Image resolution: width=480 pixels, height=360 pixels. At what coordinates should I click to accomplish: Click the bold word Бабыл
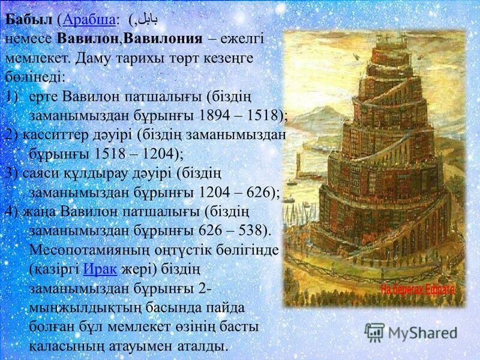(31, 20)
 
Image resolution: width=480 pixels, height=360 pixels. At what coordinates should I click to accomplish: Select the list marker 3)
(11, 173)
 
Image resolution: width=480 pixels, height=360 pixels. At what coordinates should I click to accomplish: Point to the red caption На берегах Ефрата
(418, 290)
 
